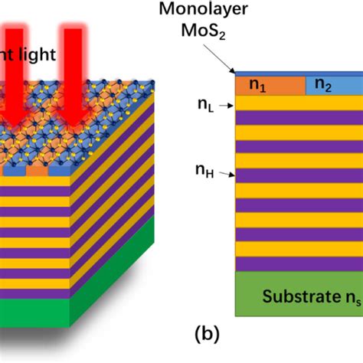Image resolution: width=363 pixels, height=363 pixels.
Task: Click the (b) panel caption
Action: [x=208, y=335]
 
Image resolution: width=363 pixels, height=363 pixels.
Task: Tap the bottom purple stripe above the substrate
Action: [x=299, y=263]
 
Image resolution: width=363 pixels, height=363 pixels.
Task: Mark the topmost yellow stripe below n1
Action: [x=299, y=103]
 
